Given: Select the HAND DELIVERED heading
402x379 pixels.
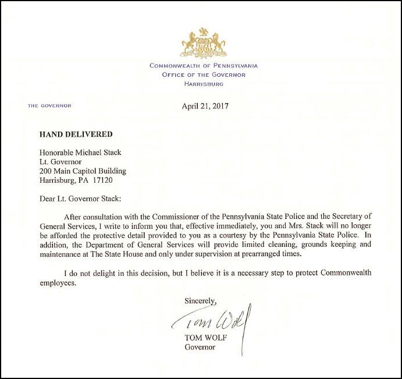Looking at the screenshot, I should coord(76,134).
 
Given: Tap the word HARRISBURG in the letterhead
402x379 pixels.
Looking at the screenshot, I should coord(203,84).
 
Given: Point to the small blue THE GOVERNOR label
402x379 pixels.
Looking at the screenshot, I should coord(49,106).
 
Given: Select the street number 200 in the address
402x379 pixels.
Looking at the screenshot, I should coord(45,171).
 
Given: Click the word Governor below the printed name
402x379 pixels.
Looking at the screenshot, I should coord(200,348).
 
